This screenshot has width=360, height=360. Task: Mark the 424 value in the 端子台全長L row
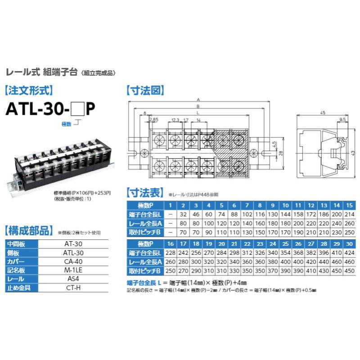[x=348, y=253]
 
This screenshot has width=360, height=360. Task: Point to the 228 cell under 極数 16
[x=171, y=253]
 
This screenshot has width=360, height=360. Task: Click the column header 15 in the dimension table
[x=349, y=205]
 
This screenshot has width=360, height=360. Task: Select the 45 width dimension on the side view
[x=323, y=113]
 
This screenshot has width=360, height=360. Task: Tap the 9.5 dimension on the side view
[x=343, y=120]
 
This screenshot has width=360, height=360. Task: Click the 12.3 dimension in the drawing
[x=175, y=120]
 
